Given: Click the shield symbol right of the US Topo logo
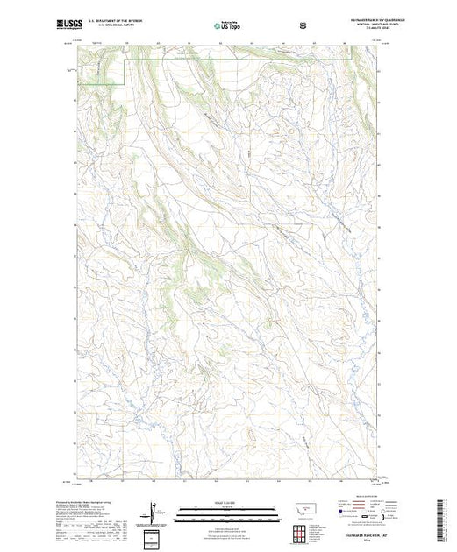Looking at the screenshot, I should point(303,25).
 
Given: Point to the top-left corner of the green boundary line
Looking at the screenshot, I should point(129,60).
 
